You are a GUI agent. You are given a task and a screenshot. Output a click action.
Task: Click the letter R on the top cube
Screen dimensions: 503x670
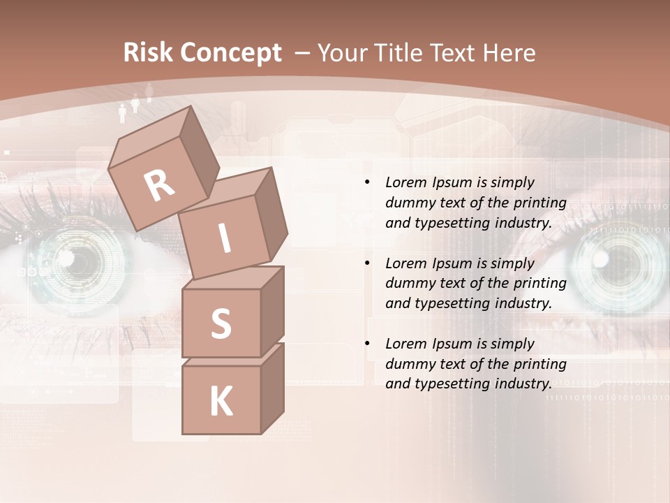point(160,185)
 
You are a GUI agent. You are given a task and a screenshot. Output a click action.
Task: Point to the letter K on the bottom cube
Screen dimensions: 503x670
point(221,401)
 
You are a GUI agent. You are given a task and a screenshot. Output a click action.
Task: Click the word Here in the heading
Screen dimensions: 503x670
point(507,53)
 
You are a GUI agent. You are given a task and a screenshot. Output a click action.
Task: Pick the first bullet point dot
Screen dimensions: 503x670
point(367,182)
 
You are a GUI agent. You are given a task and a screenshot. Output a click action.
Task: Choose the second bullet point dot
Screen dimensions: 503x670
point(367,263)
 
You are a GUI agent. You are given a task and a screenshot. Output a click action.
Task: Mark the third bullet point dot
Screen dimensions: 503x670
point(367,344)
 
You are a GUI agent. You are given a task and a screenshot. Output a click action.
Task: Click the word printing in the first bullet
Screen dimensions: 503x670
point(539,203)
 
